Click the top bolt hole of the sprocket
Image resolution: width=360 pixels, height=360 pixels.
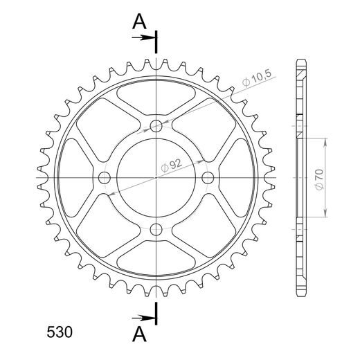156,126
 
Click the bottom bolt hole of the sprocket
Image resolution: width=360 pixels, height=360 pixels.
156,229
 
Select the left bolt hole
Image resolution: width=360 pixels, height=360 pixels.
105,178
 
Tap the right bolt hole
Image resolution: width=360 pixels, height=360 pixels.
208,178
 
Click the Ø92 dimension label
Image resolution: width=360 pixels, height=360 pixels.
172,165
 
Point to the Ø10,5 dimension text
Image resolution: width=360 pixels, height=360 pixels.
257,78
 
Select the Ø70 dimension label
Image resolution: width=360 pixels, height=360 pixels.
320,179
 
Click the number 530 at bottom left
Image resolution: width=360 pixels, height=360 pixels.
60,332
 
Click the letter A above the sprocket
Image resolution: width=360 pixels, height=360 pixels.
139,21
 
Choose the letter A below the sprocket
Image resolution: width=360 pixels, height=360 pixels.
139,334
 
